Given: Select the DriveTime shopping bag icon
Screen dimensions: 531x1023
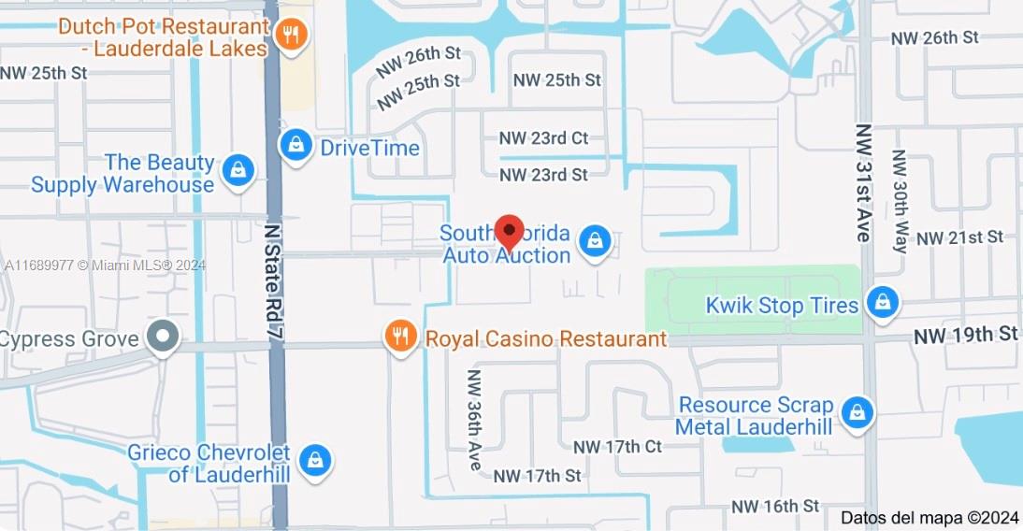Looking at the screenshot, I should [295, 146].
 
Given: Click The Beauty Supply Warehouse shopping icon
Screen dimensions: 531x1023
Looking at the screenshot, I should [239, 170].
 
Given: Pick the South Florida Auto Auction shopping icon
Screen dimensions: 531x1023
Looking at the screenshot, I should [594, 242].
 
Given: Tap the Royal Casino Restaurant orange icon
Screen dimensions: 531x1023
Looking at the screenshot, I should [400, 337].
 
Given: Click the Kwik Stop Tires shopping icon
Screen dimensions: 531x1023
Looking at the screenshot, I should [881, 302].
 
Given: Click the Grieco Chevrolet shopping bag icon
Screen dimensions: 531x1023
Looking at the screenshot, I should [316, 460].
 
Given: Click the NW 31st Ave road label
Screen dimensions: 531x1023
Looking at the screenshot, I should [863, 183].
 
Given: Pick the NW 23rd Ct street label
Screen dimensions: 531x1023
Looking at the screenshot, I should [544, 138].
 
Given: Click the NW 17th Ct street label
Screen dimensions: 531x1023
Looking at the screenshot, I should [617, 447].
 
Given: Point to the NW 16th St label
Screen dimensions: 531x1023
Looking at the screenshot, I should [775, 506].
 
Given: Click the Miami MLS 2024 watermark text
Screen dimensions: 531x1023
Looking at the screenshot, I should [105, 265].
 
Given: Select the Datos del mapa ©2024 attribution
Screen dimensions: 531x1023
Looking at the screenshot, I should [929, 517].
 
